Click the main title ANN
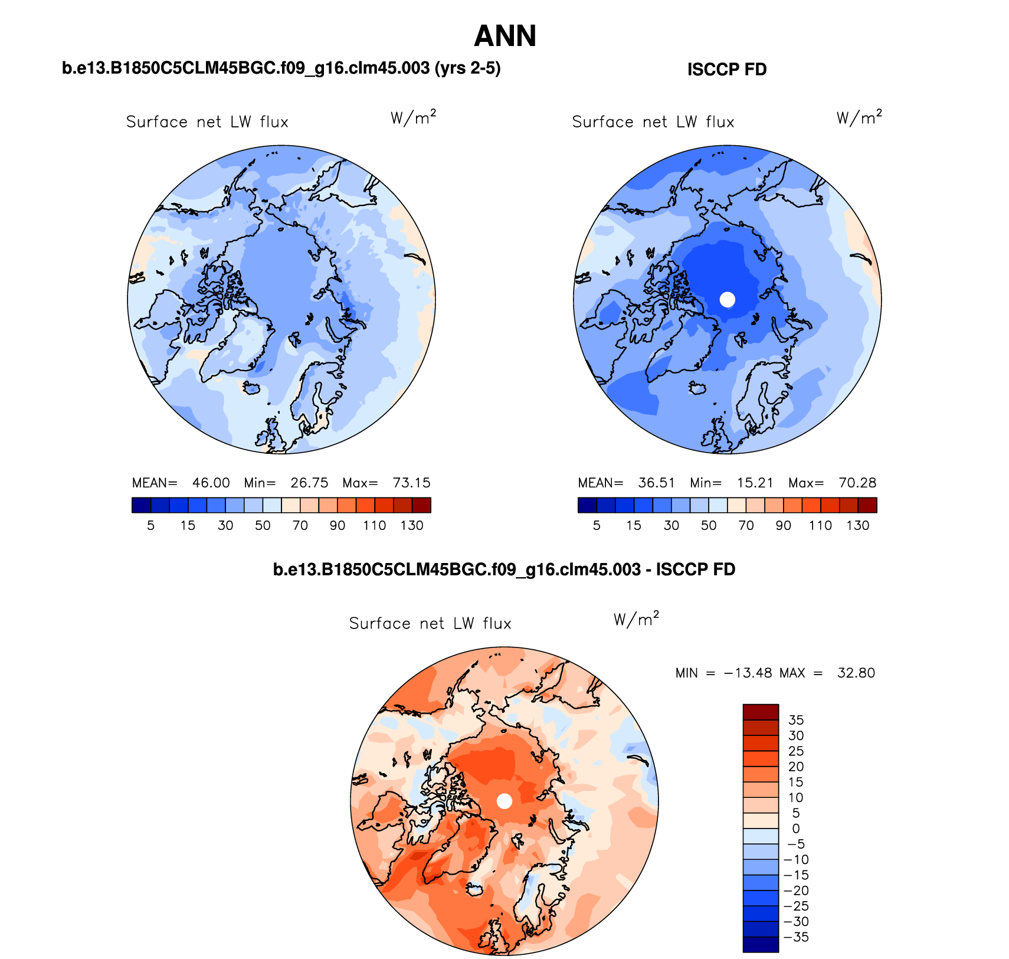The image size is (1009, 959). pyautogui.click(x=504, y=36)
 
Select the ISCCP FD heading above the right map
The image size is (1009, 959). pyautogui.click(x=726, y=70)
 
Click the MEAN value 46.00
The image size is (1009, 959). pyautogui.click(x=211, y=483)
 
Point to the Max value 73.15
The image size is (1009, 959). pyautogui.click(x=411, y=483)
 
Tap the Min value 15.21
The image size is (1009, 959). pyautogui.click(x=755, y=483)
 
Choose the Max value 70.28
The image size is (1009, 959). pyautogui.click(x=857, y=483)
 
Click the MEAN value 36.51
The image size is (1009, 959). pyautogui.click(x=656, y=483)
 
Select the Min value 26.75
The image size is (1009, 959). pyautogui.click(x=309, y=483)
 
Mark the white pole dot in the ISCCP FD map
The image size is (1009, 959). pyautogui.click(x=728, y=299)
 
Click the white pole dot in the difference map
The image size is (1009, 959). pyautogui.click(x=504, y=801)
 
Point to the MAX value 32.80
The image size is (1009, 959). pyautogui.click(x=856, y=673)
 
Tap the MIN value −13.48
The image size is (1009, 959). pyautogui.click(x=748, y=673)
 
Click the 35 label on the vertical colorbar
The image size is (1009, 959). pyautogui.click(x=795, y=720)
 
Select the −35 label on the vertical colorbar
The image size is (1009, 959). pyautogui.click(x=795, y=937)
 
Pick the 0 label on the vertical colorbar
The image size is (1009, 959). pyautogui.click(x=795, y=829)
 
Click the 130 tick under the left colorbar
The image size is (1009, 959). pyautogui.click(x=411, y=525)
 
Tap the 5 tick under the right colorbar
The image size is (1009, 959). pyautogui.click(x=597, y=525)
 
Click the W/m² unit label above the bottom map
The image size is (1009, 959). pyautogui.click(x=635, y=619)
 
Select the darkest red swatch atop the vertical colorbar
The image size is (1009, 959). pyautogui.click(x=761, y=712)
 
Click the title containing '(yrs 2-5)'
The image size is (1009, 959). pyautogui.click(x=281, y=68)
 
